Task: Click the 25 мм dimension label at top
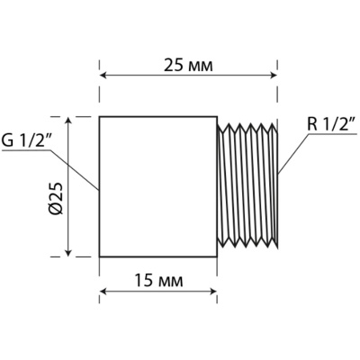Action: [188, 66]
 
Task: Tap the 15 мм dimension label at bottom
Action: [158, 281]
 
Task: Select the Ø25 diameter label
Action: [56, 198]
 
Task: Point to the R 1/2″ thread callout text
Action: [331, 124]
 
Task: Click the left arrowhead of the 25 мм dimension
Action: [103, 76]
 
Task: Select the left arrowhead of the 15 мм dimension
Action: [103, 291]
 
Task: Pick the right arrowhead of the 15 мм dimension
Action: [213, 291]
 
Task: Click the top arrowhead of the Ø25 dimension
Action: [68, 121]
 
